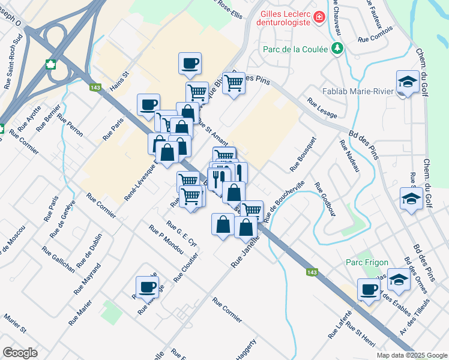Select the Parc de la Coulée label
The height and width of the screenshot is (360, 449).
(x=294, y=49)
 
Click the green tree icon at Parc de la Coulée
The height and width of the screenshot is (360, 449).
(x=337, y=48)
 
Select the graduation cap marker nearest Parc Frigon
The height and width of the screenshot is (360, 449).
(x=399, y=279)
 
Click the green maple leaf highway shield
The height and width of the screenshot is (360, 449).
(x=51, y=64)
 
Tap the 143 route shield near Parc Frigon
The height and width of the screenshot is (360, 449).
(x=312, y=272)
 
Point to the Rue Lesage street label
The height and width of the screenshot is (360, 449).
(x=322, y=108)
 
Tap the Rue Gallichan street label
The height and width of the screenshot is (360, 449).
(x=59, y=259)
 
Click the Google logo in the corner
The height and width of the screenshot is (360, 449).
(x=20, y=353)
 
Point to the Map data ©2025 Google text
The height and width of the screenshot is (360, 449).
(x=412, y=355)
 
